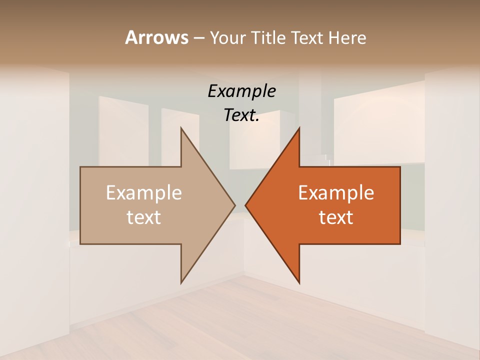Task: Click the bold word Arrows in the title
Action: pos(156,37)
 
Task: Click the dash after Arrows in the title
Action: pos(198,38)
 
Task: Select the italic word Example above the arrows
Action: pos(241,91)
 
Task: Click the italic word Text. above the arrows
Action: pos(241,115)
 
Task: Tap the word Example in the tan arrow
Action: pos(144,192)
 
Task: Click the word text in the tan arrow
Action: pos(144,217)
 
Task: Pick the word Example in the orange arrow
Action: pos(336,192)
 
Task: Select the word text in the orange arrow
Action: pos(336,217)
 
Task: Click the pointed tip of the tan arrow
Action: pos(235,205)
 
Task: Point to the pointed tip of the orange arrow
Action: pos(245,205)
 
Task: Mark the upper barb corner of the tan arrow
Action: pos(181,128)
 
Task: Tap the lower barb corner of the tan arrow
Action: pos(181,283)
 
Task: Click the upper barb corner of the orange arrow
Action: pos(299,128)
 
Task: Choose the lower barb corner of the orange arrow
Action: pos(299,283)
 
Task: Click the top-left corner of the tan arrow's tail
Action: pos(80,167)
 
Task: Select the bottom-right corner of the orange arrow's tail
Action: pos(400,244)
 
